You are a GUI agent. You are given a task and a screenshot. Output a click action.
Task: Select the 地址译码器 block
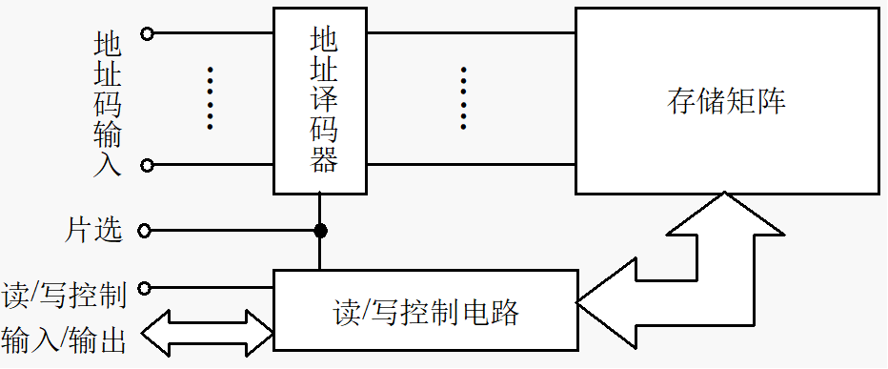click(x=319, y=100)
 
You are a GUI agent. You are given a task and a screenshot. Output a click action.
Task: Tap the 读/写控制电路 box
click(x=425, y=311)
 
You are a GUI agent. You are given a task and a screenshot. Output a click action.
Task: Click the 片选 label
click(x=94, y=230)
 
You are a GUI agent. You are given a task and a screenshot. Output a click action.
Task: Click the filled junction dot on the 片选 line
click(x=320, y=231)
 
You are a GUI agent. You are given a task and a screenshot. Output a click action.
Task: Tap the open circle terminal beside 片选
click(x=145, y=231)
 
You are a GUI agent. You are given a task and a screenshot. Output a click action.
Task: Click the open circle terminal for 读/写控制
click(x=145, y=287)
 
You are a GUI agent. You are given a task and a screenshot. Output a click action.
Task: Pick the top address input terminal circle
click(x=147, y=33)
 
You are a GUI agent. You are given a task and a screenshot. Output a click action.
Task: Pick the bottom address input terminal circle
click(x=147, y=165)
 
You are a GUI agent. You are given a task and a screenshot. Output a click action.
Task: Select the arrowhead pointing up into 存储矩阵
click(x=726, y=213)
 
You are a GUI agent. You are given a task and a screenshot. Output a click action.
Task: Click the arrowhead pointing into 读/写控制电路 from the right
click(x=600, y=303)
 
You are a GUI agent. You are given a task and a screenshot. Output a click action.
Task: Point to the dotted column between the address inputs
click(x=210, y=98)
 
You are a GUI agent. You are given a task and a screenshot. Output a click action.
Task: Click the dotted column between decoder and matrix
click(x=463, y=98)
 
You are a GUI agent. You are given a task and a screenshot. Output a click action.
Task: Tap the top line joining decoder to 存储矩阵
click(x=471, y=33)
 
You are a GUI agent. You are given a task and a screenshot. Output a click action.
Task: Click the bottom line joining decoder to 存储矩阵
click(x=471, y=165)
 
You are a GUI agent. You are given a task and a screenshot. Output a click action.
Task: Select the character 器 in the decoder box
click(x=324, y=159)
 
